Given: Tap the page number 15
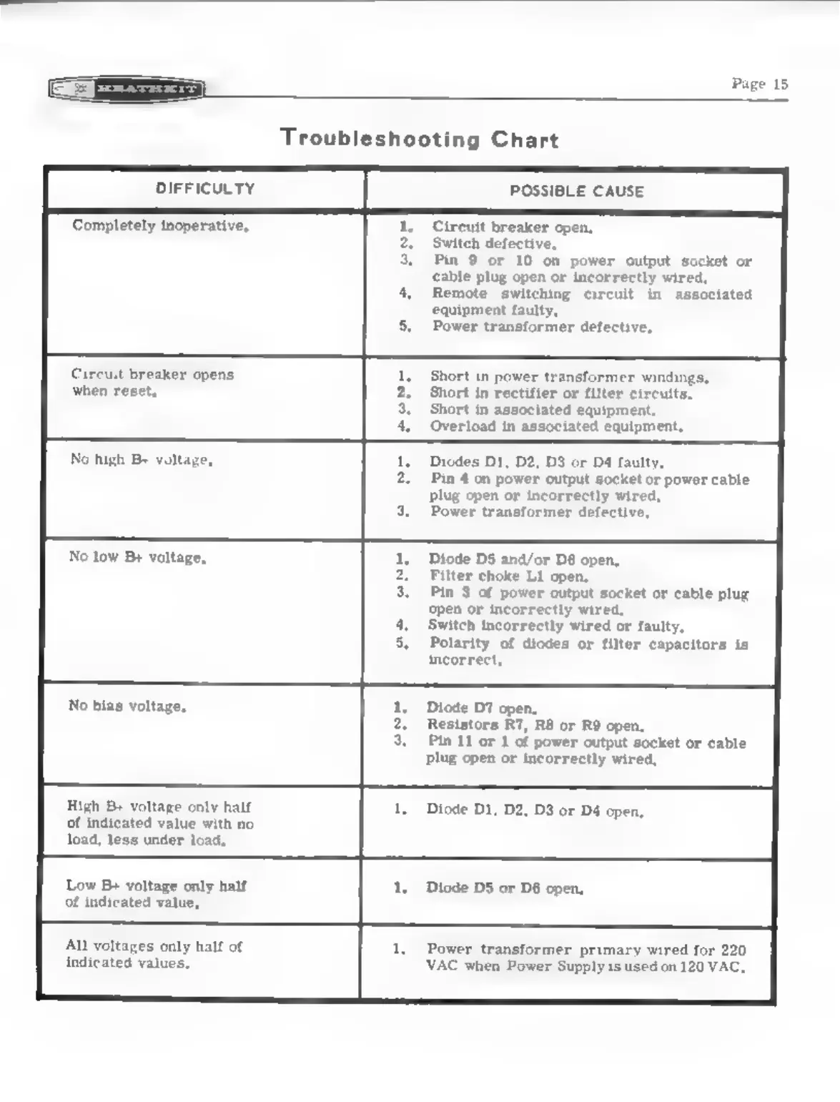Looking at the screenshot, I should (x=759, y=84).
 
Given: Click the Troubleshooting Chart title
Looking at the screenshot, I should (x=419, y=138).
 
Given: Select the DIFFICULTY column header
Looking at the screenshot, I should (x=205, y=189).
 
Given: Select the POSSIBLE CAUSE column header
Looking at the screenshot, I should (x=576, y=191).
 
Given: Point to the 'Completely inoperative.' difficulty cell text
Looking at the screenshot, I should (x=160, y=226).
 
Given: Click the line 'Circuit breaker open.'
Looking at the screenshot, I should (x=512, y=227).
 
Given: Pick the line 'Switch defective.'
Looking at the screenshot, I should (x=494, y=244).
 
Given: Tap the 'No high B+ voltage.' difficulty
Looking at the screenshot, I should (x=141, y=460).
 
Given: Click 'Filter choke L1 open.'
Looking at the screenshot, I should (x=508, y=576).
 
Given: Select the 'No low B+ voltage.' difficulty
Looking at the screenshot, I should (x=137, y=557).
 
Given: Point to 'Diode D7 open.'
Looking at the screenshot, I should (x=482, y=708).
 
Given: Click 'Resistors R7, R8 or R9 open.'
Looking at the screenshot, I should (x=535, y=725).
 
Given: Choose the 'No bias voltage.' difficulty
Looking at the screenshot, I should (x=127, y=706).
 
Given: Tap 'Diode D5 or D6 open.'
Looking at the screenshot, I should (x=505, y=888).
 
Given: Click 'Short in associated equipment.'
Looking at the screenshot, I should (x=543, y=410).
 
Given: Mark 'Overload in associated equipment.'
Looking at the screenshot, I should (x=556, y=426).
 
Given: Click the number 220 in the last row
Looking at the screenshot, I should (x=733, y=950).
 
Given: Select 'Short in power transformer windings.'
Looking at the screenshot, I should (x=569, y=376).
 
